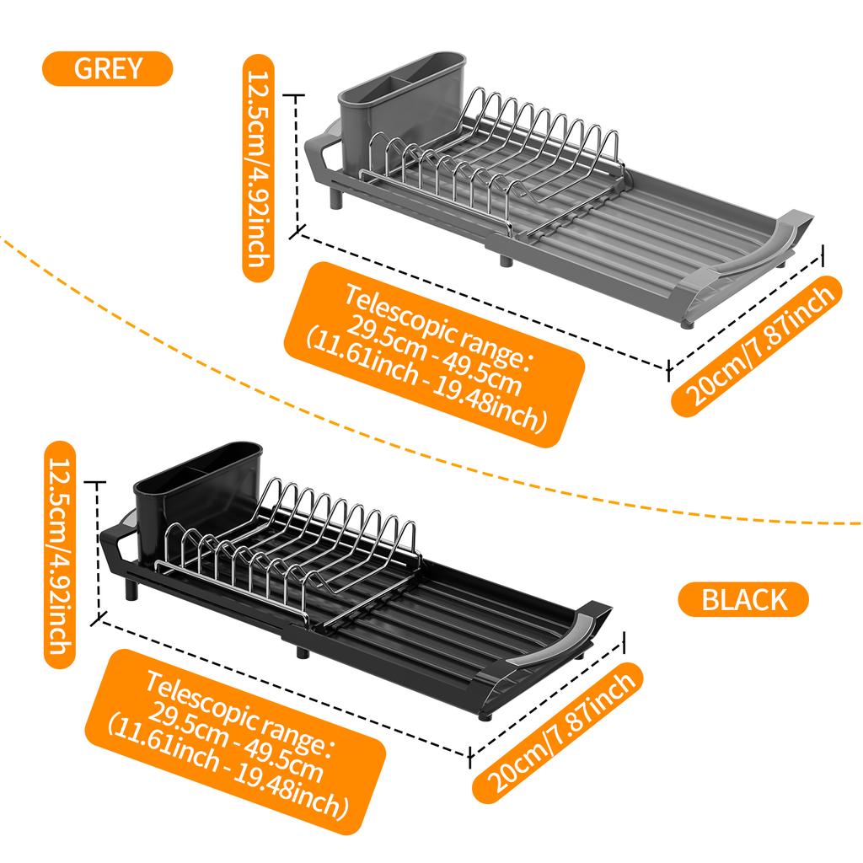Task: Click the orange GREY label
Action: (x=108, y=68)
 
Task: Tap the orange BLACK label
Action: (x=743, y=600)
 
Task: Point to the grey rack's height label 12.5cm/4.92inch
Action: (x=255, y=168)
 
